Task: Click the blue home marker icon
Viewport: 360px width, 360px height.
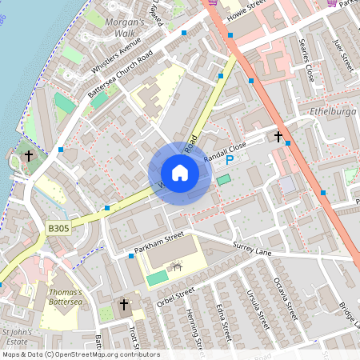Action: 180,173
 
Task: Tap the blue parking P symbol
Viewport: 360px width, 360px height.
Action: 230,160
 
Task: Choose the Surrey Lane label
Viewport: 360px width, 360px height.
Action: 253,250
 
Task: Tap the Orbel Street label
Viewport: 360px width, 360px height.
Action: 176,296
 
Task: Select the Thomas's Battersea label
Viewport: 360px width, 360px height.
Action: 65,297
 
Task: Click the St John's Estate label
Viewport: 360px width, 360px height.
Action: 17,336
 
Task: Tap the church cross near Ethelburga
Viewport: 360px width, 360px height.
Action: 278,137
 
